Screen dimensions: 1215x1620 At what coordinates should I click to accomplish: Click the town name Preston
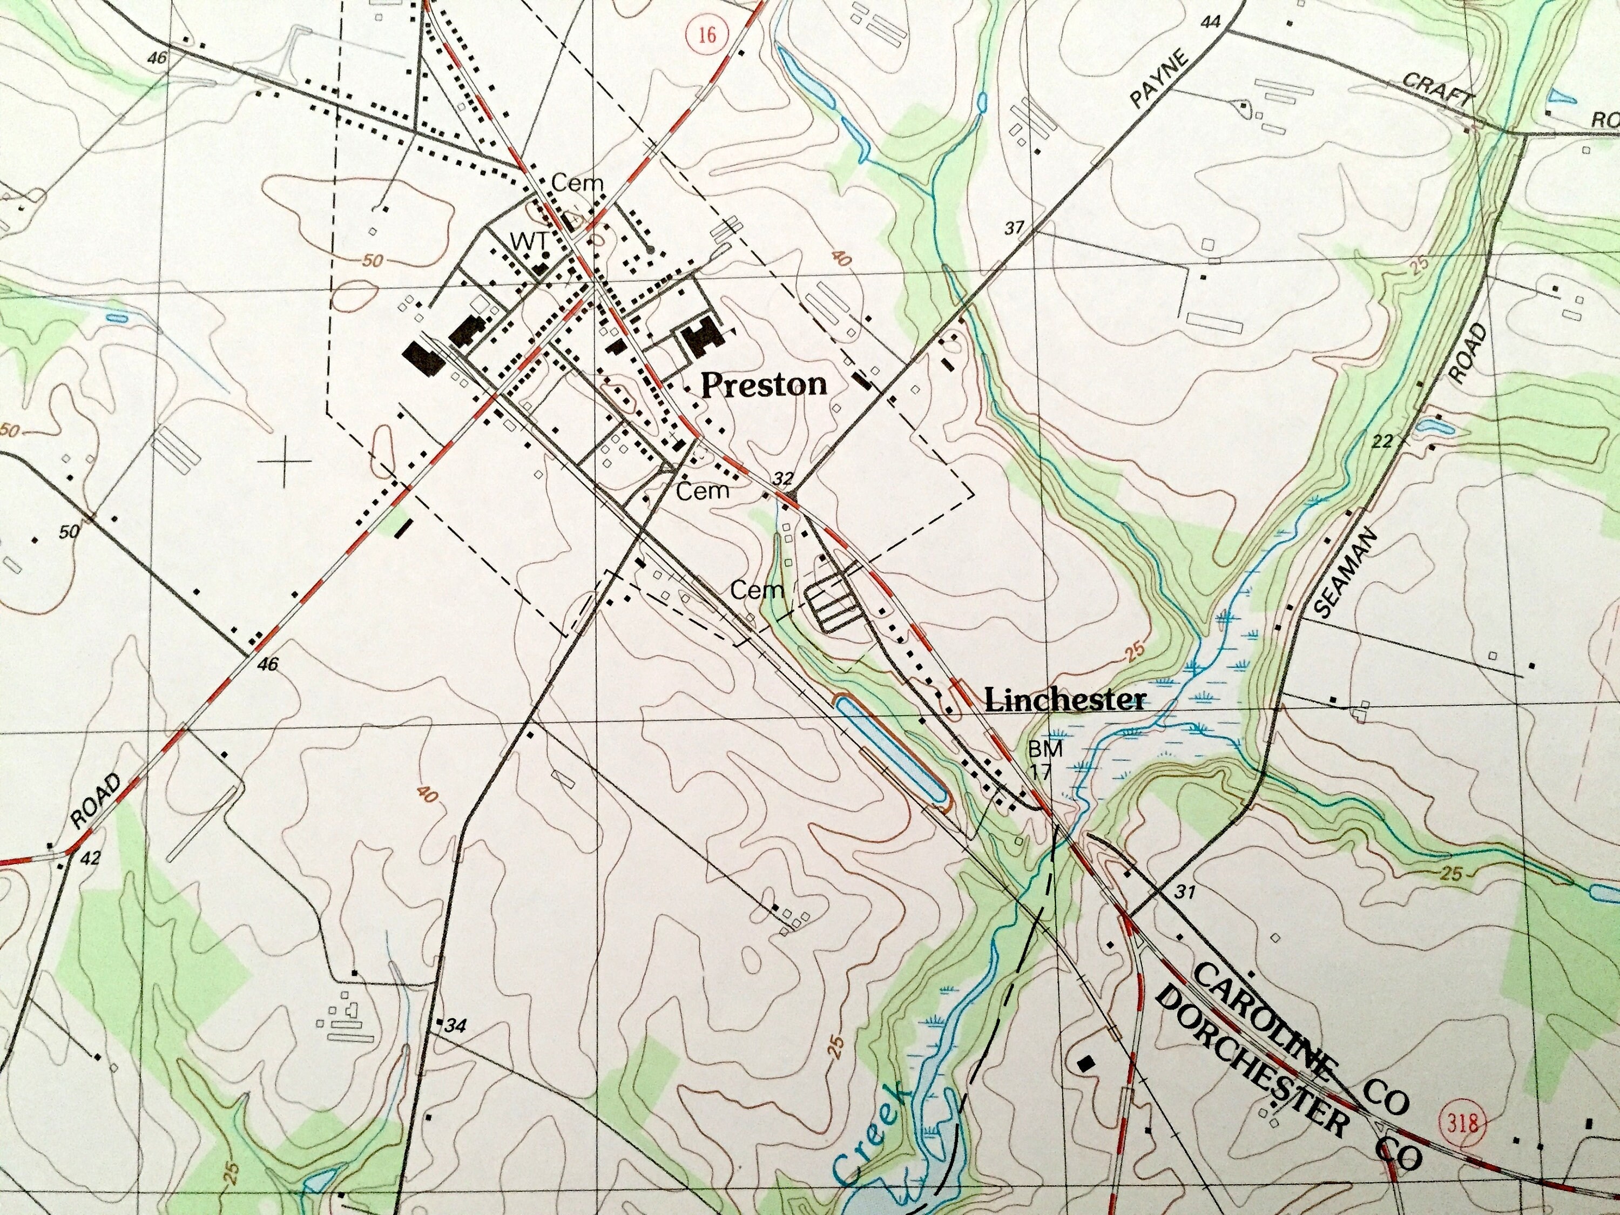pyautogui.click(x=764, y=384)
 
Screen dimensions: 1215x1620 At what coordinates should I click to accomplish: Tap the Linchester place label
pyautogui.click(x=1065, y=700)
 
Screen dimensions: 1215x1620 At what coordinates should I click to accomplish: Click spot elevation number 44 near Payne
pyautogui.click(x=1210, y=23)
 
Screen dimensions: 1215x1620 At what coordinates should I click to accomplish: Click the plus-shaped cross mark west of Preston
pyautogui.click(x=284, y=461)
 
